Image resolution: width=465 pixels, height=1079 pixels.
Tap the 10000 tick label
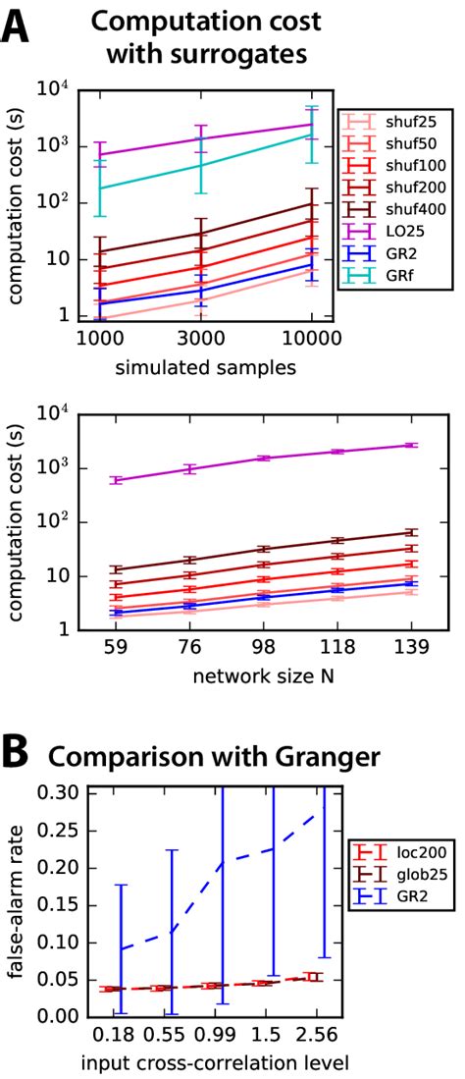pyautogui.click(x=311, y=337)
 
